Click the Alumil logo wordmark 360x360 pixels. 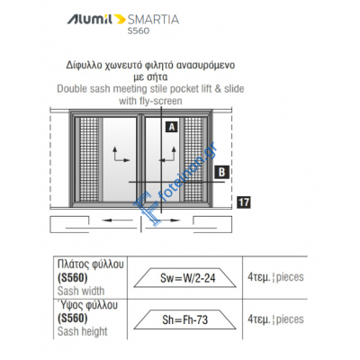pos(90,19)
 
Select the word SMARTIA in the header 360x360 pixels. pos(153,20)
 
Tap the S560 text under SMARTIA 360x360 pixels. pos(139,31)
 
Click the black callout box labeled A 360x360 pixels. pos(171,127)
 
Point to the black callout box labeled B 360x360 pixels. pos(221,172)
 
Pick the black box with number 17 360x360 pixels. pos(244,202)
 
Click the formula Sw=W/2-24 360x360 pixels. pos(187,278)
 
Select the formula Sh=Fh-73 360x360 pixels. pos(184,319)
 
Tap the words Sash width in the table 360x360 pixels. pos(81,291)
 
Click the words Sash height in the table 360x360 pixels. pos(83,331)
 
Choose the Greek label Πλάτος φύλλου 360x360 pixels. pos(90,265)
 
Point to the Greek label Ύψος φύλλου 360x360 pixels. pos(87,305)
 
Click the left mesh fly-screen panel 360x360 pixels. pos(90,160)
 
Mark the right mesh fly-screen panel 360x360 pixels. pos(193,160)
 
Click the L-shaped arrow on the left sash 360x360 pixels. pos(121,154)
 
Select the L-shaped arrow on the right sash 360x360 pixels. pos(167,154)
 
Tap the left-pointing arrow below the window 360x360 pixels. pos(117,220)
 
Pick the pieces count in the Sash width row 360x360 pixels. pos(275,277)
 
